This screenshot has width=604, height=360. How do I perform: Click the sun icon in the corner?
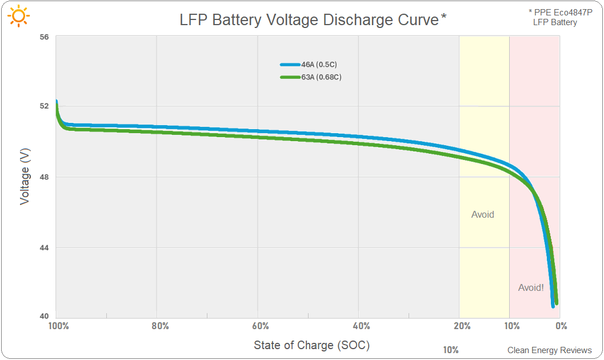click(x=19, y=17)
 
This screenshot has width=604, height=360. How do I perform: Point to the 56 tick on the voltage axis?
click(x=44, y=37)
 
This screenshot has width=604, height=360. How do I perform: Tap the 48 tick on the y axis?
click(x=44, y=177)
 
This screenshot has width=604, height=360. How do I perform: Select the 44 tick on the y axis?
click(x=44, y=247)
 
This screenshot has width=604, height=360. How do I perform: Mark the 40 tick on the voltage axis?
click(x=44, y=317)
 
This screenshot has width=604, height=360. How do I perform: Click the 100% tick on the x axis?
click(x=58, y=326)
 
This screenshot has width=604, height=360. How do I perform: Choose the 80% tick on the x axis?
click(x=160, y=326)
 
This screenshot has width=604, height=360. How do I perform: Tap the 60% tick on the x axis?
click(x=260, y=326)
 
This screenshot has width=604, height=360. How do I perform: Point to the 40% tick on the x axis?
click(x=361, y=326)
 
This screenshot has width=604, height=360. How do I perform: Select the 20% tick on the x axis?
click(x=462, y=326)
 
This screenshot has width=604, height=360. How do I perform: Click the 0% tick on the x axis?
click(x=561, y=326)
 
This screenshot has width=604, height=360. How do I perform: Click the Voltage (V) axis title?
click(x=25, y=177)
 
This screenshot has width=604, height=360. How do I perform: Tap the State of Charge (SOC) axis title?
click(x=311, y=345)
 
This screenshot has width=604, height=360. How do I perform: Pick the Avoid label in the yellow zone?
click(x=482, y=215)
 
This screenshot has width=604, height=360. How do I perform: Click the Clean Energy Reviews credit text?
click(x=549, y=350)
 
